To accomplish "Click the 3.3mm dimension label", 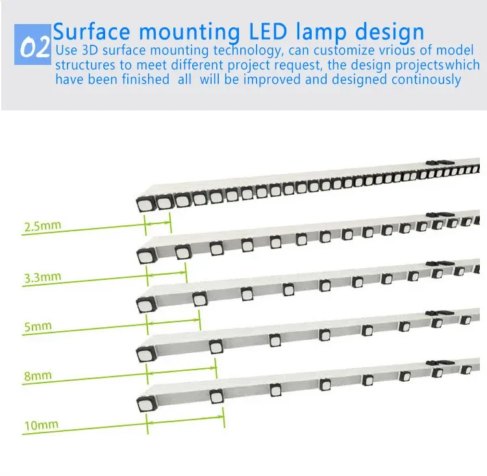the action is [x=42, y=277].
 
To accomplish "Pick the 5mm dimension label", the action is [x=38, y=326].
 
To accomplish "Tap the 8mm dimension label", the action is [x=38, y=375].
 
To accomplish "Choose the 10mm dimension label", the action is [x=41, y=426].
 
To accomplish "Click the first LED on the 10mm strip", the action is [x=144, y=404].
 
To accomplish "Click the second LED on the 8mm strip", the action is [x=216, y=347].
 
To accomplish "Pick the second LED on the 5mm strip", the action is [x=199, y=299].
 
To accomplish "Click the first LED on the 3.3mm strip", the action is [x=144, y=254].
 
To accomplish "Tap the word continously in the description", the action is [x=426, y=79].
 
